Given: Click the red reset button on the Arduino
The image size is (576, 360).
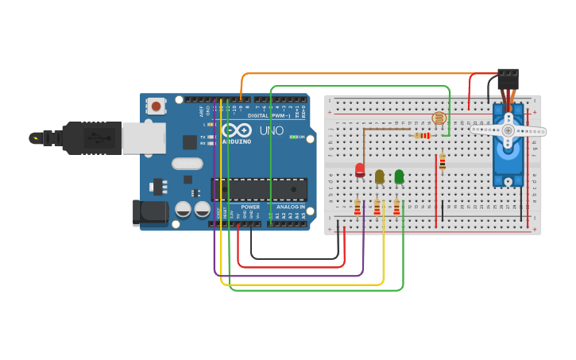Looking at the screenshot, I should click(x=156, y=106).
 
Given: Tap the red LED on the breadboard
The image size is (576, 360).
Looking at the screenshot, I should click(x=360, y=170).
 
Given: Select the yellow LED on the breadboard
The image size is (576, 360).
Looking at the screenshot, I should click(x=380, y=176).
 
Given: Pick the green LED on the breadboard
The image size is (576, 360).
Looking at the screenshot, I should click(x=399, y=176).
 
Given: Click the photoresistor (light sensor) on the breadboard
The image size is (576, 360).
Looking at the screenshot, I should click(x=439, y=118).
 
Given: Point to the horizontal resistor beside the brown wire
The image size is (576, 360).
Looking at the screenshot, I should click(x=423, y=136).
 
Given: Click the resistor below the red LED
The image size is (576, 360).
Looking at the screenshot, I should click(x=358, y=207).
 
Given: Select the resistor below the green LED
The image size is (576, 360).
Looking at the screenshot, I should click(x=396, y=207).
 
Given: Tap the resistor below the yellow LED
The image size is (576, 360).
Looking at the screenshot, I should click(x=377, y=207).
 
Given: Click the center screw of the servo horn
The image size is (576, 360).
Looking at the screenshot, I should click(x=508, y=130).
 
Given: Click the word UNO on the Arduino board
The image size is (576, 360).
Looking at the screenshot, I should click(x=271, y=131).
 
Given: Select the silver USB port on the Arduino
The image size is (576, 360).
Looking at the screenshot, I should click(x=144, y=137).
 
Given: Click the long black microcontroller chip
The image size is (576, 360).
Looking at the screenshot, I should click(x=259, y=189).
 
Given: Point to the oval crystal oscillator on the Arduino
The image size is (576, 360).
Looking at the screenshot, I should click(x=187, y=164).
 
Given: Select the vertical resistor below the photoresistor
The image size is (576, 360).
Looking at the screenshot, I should click(x=443, y=162).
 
